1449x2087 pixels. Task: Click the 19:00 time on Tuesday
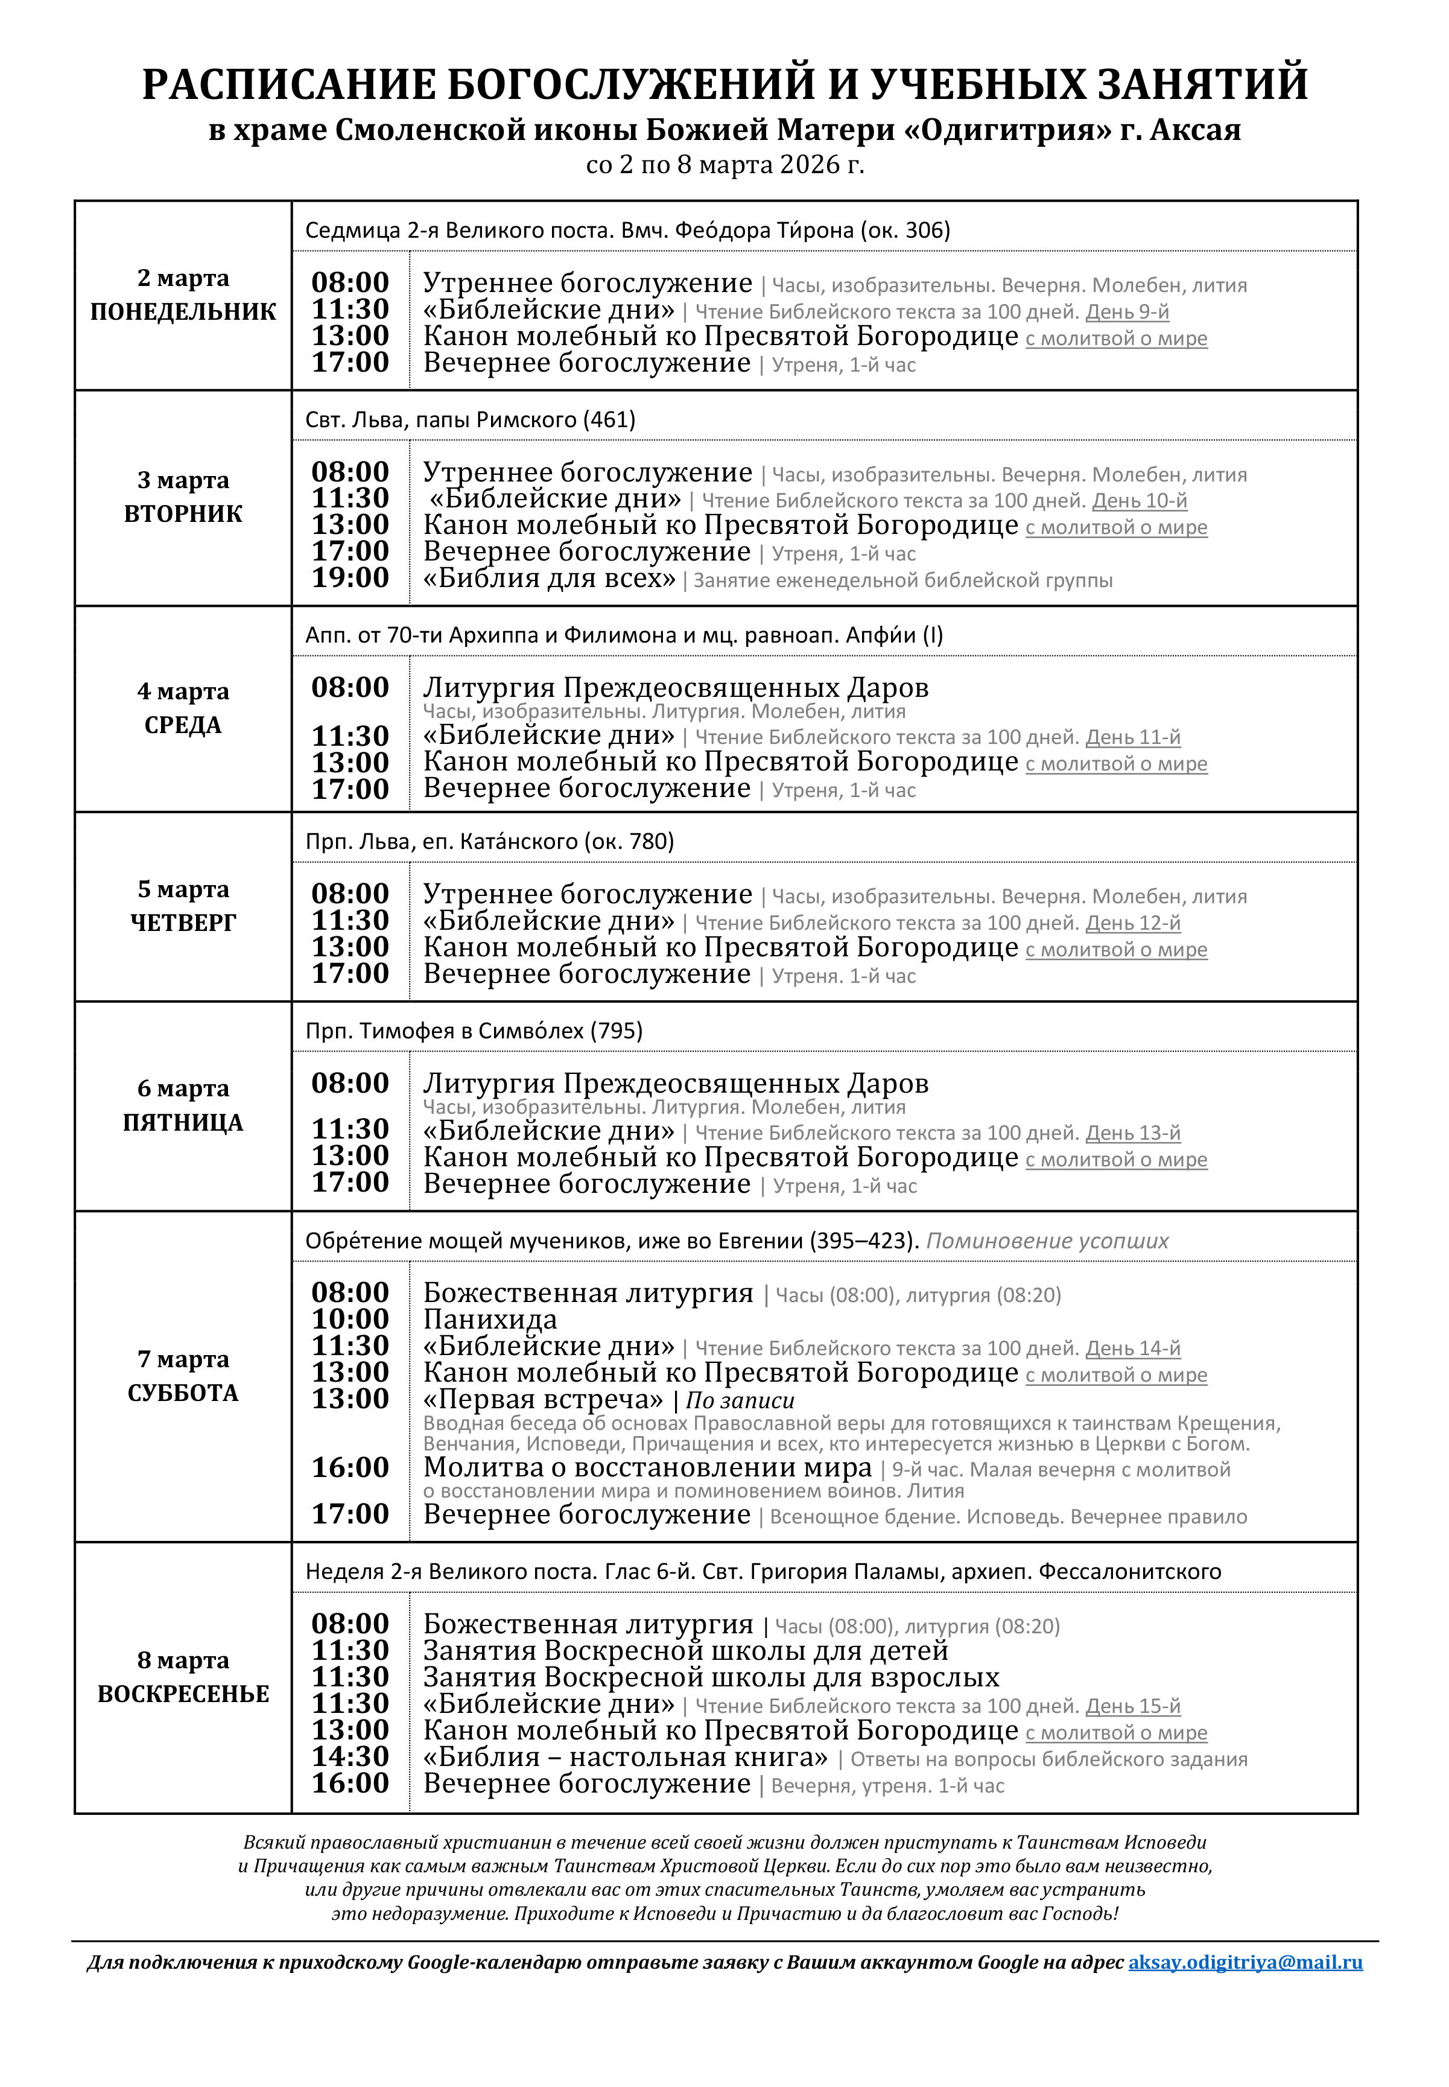[350, 577]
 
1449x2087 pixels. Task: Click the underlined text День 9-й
[1127, 313]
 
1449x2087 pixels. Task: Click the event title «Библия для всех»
[550, 578]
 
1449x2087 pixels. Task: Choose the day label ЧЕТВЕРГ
[183, 923]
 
